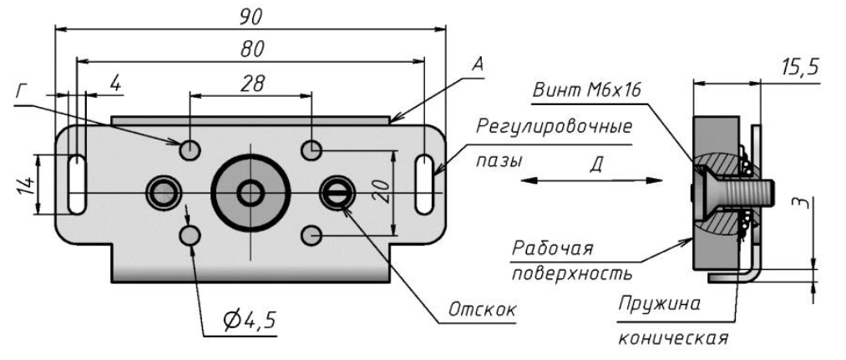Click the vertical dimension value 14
click(x=25, y=183)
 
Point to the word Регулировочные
click(x=554, y=127)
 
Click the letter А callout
click(x=478, y=63)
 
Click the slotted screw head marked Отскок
click(x=338, y=194)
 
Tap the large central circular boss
click(x=250, y=193)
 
